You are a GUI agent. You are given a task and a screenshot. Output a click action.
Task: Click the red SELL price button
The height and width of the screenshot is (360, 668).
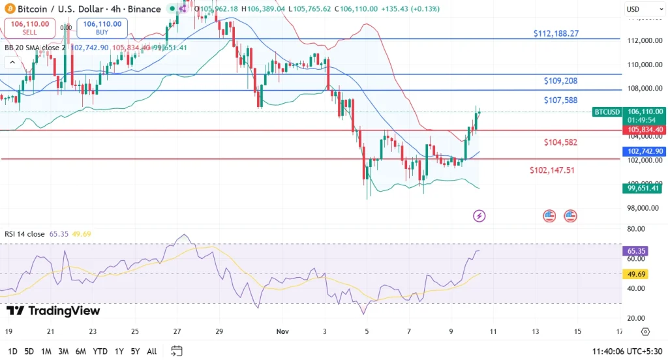coord(28,27)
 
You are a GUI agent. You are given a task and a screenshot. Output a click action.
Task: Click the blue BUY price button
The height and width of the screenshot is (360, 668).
coord(102,27)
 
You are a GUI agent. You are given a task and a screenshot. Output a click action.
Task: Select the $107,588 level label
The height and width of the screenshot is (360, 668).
coord(560,100)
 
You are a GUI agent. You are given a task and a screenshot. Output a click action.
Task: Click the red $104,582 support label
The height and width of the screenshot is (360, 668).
coord(560,142)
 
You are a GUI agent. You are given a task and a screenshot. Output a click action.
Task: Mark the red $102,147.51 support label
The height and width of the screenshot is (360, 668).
coord(553,170)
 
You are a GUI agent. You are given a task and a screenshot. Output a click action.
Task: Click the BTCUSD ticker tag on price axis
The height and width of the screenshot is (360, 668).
coord(607,112)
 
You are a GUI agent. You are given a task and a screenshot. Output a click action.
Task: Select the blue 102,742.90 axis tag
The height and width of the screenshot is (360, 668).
coord(645,151)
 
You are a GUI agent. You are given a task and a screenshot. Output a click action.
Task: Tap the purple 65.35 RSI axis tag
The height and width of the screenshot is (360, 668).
coord(636,250)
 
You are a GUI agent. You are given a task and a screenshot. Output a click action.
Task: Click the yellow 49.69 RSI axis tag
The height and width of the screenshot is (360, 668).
coord(636,275)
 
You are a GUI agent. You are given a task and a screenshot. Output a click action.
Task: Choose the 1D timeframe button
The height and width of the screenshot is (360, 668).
coord(12,352)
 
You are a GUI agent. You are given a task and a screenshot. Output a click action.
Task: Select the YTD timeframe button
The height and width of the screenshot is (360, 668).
coord(100,352)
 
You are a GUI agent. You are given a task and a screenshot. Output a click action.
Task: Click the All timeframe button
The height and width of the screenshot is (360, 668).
coord(151,352)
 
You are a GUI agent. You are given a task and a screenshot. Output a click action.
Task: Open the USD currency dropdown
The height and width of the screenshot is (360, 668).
coord(637,9)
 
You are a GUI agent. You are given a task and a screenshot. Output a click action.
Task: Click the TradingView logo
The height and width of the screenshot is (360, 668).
coord(53,311)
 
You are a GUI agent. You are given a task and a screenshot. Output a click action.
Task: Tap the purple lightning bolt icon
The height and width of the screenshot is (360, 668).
coord(479,216)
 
